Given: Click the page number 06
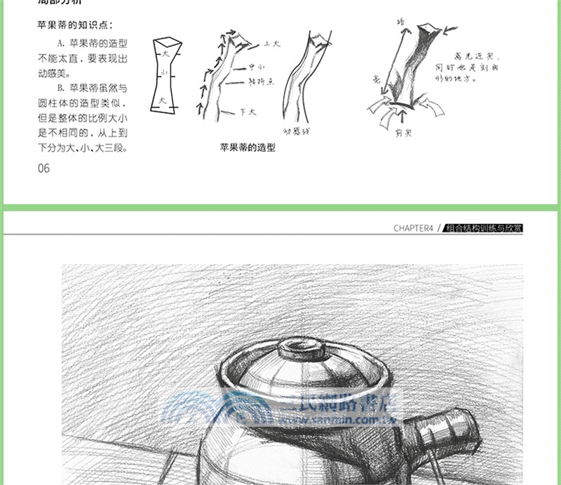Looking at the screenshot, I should (x=43, y=168).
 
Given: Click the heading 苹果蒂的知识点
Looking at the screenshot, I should (x=74, y=25).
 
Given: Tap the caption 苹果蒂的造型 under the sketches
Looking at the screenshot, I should (x=248, y=148).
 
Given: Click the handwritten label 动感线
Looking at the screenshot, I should (x=296, y=131).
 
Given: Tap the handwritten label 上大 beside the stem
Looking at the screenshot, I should (x=271, y=44).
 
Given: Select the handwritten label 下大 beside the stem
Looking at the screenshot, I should (x=247, y=112).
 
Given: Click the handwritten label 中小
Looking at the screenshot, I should (x=256, y=68).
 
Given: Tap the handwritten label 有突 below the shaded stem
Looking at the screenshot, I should (x=403, y=131).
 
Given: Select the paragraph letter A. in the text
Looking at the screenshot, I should (x=62, y=44).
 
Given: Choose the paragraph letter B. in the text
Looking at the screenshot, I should (x=62, y=88).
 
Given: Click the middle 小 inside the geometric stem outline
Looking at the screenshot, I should (x=164, y=73).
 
